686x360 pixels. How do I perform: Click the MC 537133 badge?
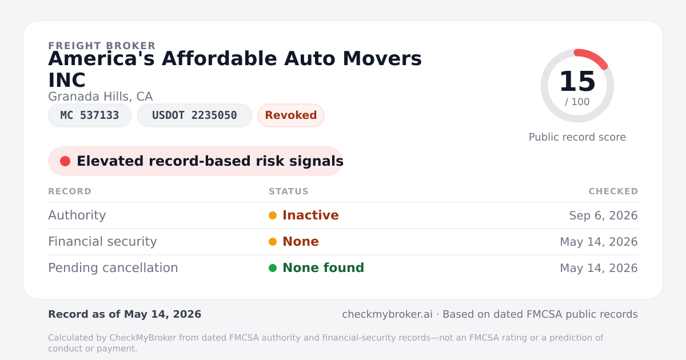pos(90,115)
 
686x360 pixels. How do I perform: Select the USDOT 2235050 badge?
pos(194,115)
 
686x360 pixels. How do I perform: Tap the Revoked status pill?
pos(291,115)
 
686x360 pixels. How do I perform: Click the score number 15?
pos(577,81)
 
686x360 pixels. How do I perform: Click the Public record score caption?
pos(577,137)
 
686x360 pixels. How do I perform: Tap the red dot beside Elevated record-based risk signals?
pos(65,161)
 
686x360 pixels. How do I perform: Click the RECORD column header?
pos(70,191)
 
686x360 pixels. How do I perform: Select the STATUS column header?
pos(289,191)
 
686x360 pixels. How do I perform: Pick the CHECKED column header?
pos(613,191)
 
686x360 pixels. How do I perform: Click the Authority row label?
pos(77,215)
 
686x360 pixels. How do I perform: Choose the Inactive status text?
pos(310,215)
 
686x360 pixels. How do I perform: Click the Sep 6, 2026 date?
pos(603,215)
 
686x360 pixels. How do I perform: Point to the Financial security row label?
pos(102,242)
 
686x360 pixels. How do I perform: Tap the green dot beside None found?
pos(273,268)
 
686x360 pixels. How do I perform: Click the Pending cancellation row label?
pos(113,268)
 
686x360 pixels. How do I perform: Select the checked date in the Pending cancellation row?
pos(599,268)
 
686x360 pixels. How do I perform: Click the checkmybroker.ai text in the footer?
pos(387,314)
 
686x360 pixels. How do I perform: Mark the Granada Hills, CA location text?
pos(101,97)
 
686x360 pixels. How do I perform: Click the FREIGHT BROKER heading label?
pos(102,46)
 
